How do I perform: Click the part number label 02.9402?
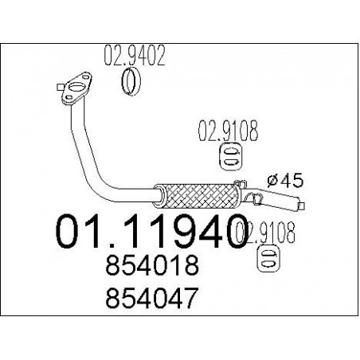tap(135, 56)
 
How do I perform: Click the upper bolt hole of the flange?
tap(85, 77)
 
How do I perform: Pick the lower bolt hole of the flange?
tap(68, 98)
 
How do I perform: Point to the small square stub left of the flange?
tap(60, 87)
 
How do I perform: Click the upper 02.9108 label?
tap(228, 131)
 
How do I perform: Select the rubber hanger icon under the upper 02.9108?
tap(232, 157)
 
